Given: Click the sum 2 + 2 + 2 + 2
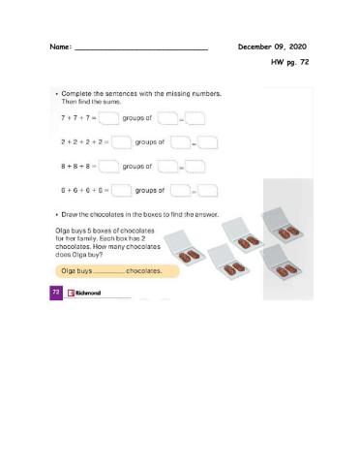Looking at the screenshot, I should coord(78,141).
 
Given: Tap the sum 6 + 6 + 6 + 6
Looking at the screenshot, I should coord(78,190).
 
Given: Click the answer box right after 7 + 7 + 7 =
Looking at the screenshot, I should coord(108,119).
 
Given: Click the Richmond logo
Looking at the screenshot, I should coord(83,292).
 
